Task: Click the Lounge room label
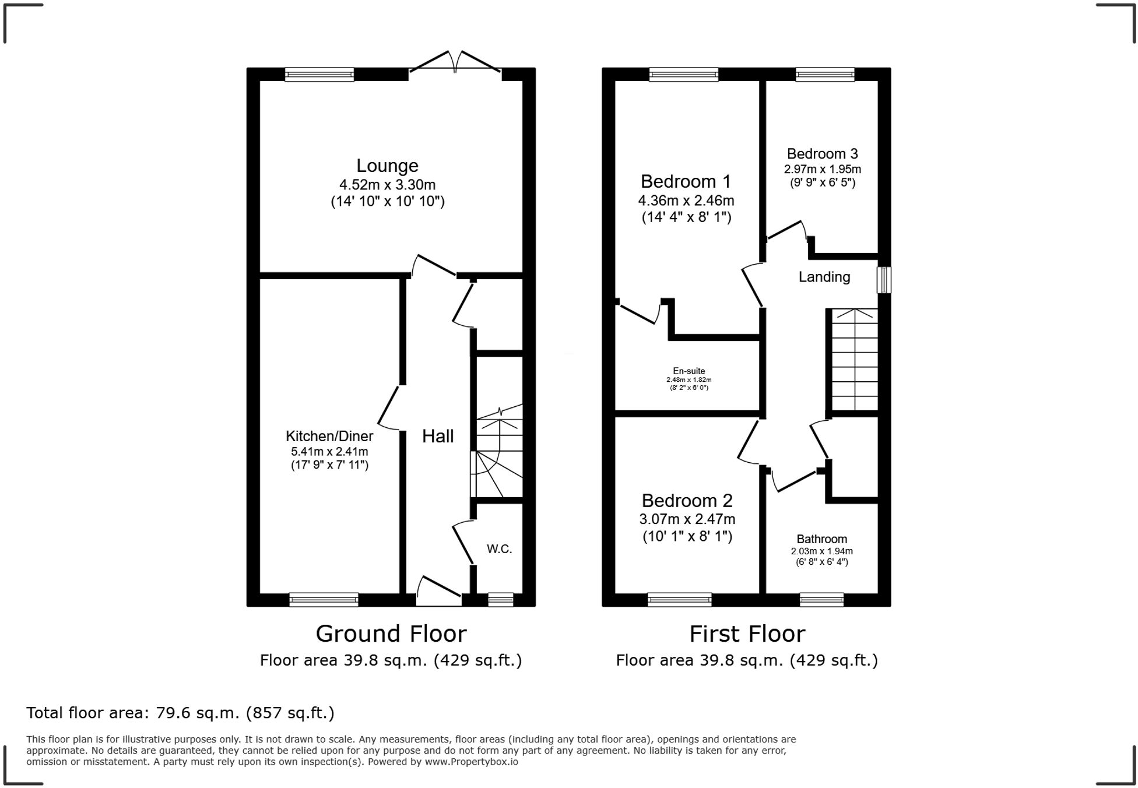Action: [x=387, y=166]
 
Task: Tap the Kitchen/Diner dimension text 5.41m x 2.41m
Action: [x=329, y=451]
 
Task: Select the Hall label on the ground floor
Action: [x=438, y=436]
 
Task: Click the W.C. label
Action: [x=500, y=549]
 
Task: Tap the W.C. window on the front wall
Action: [x=500, y=599]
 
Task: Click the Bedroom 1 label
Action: [x=686, y=181]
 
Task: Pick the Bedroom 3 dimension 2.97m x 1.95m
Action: [x=822, y=170]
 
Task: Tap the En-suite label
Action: [x=689, y=371]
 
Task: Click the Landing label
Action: [x=824, y=277]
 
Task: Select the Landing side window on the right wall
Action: [x=884, y=280]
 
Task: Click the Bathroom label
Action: [x=821, y=539]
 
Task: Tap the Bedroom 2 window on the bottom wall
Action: [x=679, y=599]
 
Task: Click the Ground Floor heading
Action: [x=391, y=634]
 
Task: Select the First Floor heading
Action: [x=747, y=634]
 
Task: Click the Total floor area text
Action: [x=180, y=713]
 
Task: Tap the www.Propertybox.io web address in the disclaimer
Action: [x=471, y=762]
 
